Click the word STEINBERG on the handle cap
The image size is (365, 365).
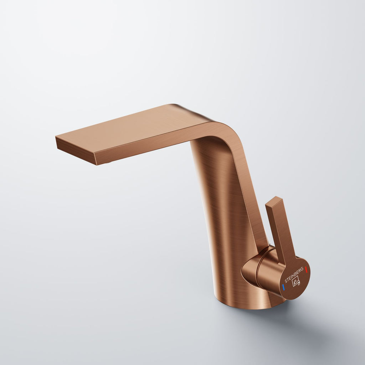294,275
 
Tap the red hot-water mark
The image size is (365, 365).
306,270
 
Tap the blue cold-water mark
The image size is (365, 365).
283,287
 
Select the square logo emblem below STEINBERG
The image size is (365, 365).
296,282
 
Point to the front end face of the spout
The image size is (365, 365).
76,151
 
